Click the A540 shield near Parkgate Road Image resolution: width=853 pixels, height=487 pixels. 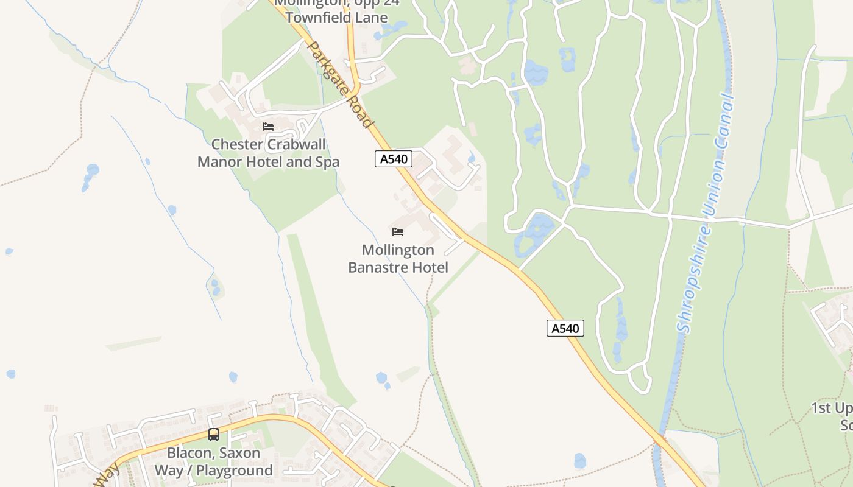pyautogui.click(x=394, y=159)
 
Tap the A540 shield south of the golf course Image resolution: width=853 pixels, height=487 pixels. pyautogui.click(x=565, y=329)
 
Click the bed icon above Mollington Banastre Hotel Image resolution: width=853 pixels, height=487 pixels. pyautogui.click(x=398, y=232)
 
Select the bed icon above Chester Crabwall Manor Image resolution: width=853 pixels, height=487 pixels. pyautogui.click(x=268, y=127)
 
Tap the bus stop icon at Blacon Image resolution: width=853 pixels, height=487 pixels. pyautogui.click(x=214, y=435)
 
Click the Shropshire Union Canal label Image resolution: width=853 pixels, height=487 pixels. pyautogui.click(x=706, y=213)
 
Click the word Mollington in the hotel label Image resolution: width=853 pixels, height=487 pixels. pyautogui.click(x=398, y=250)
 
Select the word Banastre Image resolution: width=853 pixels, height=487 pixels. pyautogui.click(x=379, y=267)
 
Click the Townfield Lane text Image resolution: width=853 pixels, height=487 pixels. pyautogui.click(x=336, y=18)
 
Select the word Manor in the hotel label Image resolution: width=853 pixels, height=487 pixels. pyautogui.click(x=217, y=163)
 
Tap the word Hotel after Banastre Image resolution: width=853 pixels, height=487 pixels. pyautogui.click(x=431, y=267)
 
